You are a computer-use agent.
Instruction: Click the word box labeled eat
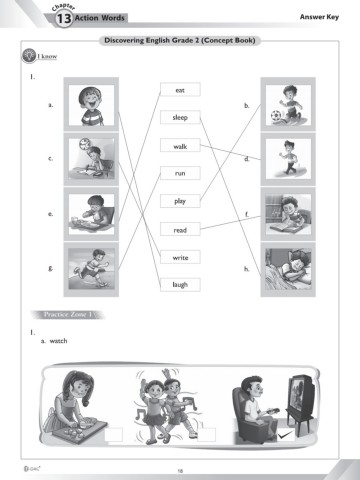point(180,90)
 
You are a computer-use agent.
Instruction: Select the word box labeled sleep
point(180,117)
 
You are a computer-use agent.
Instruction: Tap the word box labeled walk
point(180,146)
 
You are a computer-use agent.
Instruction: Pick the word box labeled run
point(180,173)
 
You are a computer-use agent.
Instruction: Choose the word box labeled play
point(180,201)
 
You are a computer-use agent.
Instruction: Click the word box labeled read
point(180,230)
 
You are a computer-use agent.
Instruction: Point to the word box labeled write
point(180,257)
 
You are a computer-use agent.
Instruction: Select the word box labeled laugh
point(180,285)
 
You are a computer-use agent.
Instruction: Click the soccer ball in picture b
point(276,116)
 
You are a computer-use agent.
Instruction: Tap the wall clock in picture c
point(85,143)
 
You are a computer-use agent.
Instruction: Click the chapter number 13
point(63,18)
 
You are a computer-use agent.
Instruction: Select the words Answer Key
point(319,17)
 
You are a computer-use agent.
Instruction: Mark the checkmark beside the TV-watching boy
point(286,434)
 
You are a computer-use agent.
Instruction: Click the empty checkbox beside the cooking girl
point(114,435)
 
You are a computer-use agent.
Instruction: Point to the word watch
point(58,341)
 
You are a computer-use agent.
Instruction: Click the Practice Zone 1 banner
point(68,314)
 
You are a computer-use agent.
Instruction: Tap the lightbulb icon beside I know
point(29,55)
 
